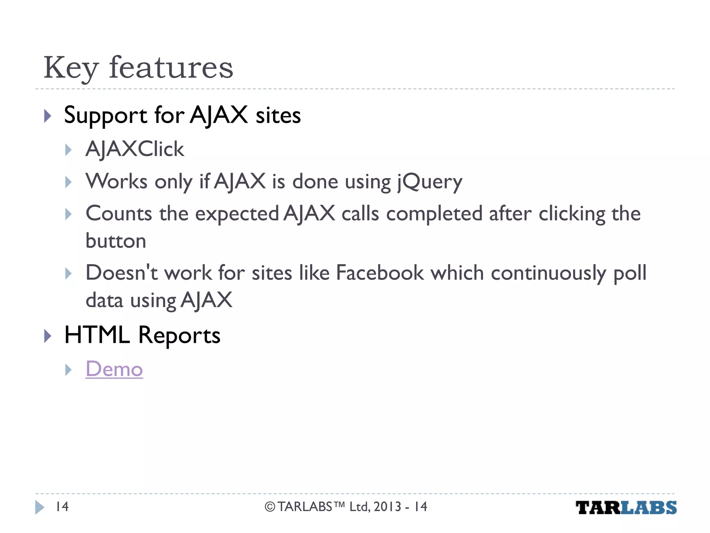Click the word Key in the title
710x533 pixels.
[71, 68]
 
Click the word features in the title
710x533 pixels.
[171, 68]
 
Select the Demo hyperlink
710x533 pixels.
[114, 369]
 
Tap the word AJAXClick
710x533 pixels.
[135, 149]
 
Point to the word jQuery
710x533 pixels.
[430, 182]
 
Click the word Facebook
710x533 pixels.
[380, 273]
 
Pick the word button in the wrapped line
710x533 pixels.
[116, 241]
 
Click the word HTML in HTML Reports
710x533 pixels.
[97, 335]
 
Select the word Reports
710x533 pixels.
[179, 336]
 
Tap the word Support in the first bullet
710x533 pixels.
[106, 116]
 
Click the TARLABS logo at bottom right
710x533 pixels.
[626, 508]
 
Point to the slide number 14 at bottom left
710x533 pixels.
[62, 507]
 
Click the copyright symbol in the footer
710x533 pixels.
[270, 507]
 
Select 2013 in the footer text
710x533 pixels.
[387, 507]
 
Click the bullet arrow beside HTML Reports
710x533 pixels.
[48, 336]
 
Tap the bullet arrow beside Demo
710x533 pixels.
[68, 370]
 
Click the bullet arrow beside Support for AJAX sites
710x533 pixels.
[48, 116]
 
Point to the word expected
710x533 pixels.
[237, 214]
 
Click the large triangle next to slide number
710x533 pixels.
[40, 507]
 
